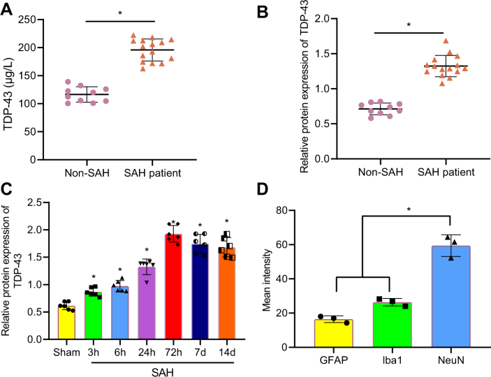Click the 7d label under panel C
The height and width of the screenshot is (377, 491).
[200, 351]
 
